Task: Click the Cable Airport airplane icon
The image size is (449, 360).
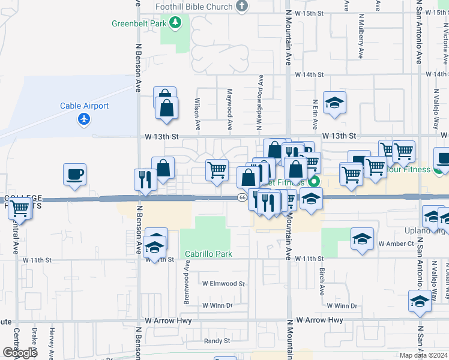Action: click(x=84, y=119)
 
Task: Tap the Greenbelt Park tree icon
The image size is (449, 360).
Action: click(x=175, y=23)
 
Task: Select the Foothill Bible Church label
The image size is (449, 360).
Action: click(x=193, y=7)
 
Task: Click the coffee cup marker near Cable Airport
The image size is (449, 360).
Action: click(x=75, y=175)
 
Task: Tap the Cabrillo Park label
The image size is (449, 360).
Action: click(x=208, y=254)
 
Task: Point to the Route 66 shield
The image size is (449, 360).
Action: click(x=242, y=197)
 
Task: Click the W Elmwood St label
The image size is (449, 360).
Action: click(x=223, y=283)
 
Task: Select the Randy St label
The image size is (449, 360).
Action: click(x=217, y=341)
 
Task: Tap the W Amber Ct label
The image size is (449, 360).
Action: click(x=396, y=244)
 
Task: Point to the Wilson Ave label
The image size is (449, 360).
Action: click(x=197, y=114)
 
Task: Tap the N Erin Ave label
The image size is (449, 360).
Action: click(x=315, y=114)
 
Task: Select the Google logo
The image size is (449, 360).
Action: click(x=19, y=352)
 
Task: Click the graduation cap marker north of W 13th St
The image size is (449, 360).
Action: click(x=335, y=103)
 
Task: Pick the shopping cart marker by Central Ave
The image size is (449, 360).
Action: click(x=20, y=208)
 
